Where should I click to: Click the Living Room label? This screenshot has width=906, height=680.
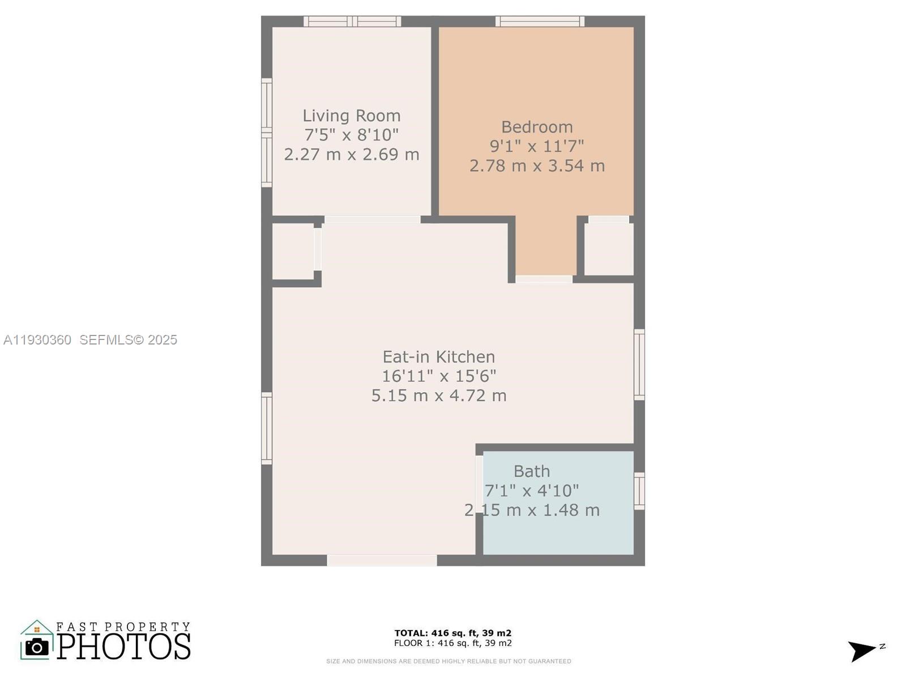(x=351, y=116)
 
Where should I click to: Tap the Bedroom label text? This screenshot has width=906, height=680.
(x=537, y=127)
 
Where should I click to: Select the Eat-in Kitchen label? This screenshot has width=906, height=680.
(x=439, y=357)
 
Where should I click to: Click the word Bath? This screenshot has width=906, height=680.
(x=532, y=471)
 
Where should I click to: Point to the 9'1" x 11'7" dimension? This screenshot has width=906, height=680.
(x=537, y=146)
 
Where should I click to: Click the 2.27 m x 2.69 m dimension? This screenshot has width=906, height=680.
(x=351, y=154)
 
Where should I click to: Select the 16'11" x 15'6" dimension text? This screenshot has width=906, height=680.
(x=439, y=376)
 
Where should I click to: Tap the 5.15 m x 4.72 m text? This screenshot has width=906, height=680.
(x=439, y=396)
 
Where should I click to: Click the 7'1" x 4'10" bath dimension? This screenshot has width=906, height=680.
(x=532, y=491)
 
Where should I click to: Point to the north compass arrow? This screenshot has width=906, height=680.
(x=862, y=650)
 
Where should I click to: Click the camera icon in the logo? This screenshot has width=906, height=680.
(x=37, y=647)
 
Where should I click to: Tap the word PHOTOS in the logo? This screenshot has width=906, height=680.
(x=123, y=647)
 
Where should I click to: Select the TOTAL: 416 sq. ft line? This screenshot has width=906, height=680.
(x=453, y=633)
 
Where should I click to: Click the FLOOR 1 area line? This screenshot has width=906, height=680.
(x=453, y=643)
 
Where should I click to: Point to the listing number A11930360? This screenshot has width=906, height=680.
(x=37, y=340)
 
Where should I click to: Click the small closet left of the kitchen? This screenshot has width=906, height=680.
(x=293, y=251)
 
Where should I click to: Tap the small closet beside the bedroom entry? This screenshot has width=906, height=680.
(x=609, y=249)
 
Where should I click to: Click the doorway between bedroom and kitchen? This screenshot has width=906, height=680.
(x=544, y=279)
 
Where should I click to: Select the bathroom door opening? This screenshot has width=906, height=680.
(x=479, y=482)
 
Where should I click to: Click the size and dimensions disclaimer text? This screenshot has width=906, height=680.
(x=448, y=661)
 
